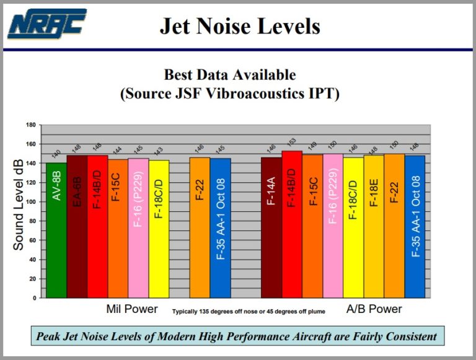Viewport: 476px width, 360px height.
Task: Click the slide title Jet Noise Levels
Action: (x=240, y=26)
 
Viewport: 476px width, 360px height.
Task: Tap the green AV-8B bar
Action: (x=56, y=229)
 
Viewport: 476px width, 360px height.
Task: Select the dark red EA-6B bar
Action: (x=77, y=226)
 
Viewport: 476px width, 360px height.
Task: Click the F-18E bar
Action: (x=374, y=226)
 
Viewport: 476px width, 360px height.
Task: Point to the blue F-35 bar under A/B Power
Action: (x=415, y=226)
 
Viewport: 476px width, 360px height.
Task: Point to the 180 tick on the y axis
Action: (x=31, y=125)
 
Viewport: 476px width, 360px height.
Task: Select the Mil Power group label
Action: (x=132, y=309)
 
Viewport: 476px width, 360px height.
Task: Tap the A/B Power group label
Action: (x=374, y=309)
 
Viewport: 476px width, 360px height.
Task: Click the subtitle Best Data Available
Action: (x=230, y=75)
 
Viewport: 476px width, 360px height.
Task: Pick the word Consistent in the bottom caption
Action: (x=410, y=337)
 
